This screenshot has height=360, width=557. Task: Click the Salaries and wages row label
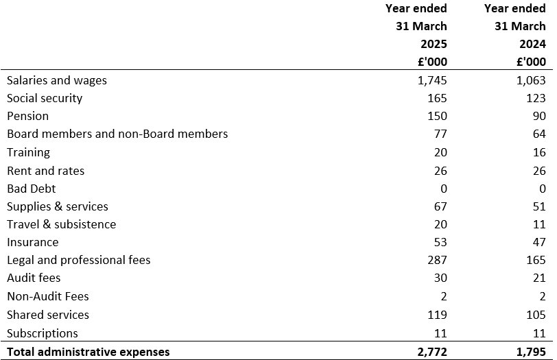pos(57,80)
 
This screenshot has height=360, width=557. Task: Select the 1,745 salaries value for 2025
pos(432,80)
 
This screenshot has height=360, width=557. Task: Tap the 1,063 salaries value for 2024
pos(531,80)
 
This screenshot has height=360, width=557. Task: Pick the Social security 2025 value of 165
pos(437,98)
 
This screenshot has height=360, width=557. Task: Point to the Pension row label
pos(27,116)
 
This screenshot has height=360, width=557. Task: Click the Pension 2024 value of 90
pos(539,116)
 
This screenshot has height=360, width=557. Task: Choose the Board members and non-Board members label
pos(117,134)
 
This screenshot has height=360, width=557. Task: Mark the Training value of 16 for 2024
pos(539,152)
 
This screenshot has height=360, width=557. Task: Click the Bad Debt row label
pos(32,188)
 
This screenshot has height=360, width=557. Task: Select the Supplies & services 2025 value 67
pos(440,206)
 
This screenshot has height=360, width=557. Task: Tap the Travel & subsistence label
pos(62,224)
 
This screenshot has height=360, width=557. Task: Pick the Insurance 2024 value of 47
pos(539,242)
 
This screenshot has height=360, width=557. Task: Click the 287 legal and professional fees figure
pos(437,260)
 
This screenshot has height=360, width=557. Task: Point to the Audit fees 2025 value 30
pos(440,278)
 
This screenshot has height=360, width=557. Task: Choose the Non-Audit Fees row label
pos(48,296)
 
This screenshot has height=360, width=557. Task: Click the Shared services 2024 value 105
pos(536,315)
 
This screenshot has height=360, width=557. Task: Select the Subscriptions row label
pos(43,333)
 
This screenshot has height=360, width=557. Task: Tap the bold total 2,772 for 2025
pos(432,352)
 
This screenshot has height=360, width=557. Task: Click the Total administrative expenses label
pos(88,352)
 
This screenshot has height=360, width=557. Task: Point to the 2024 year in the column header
pos(532,44)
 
